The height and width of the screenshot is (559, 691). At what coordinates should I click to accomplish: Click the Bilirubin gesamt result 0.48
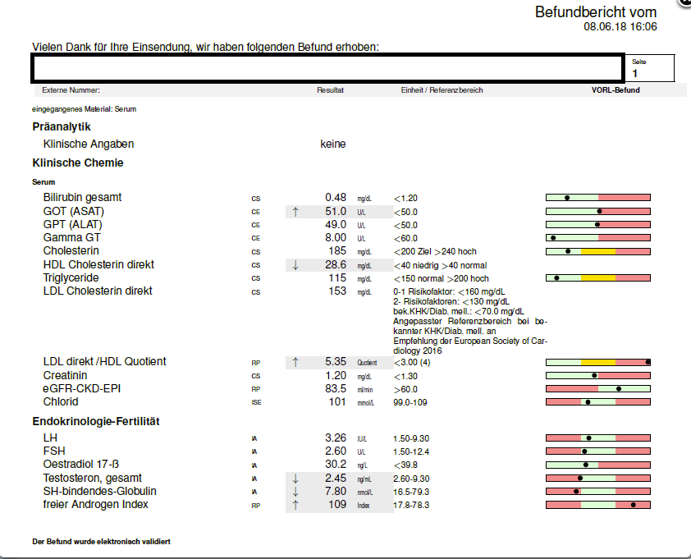pyautogui.click(x=336, y=198)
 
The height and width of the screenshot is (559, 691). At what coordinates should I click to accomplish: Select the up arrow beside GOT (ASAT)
pyautogui.click(x=295, y=212)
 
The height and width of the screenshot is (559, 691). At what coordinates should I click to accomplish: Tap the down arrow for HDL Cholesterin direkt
pyautogui.click(x=295, y=265)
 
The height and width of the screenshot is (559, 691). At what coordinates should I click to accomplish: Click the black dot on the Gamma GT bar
pyautogui.click(x=553, y=238)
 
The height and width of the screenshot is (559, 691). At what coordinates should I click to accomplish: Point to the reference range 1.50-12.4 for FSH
pyautogui.click(x=411, y=451)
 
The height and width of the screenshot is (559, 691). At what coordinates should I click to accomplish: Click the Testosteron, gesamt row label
pyautogui.click(x=93, y=478)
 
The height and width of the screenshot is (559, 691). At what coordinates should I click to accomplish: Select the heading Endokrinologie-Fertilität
pyautogui.click(x=96, y=421)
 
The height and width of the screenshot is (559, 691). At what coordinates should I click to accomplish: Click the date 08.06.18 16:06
pyautogui.click(x=620, y=26)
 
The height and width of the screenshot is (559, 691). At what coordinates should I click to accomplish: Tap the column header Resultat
pyautogui.click(x=330, y=90)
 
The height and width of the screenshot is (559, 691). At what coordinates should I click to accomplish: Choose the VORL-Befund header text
pyautogui.click(x=615, y=90)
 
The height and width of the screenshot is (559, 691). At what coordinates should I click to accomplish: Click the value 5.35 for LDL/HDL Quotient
pyautogui.click(x=336, y=361)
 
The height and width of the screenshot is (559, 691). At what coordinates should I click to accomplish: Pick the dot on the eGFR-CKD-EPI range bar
pyautogui.click(x=619, y=389)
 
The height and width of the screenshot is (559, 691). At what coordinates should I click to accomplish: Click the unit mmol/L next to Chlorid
pyautogui.click(x=366, y=403)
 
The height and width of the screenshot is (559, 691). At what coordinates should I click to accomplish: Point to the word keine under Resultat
pyautogui.click(x=332, y=144)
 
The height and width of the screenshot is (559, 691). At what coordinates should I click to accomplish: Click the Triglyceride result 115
pyautogui.click(x=337, y=277)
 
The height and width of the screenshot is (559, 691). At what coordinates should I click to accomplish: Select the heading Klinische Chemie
pyautogui.click(x=78, y=163)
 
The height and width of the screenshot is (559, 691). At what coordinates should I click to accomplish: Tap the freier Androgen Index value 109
pyautogui.click(x=337, y=504)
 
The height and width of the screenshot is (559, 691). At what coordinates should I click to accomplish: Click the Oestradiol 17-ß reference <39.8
pyautogui.click(x=405, y=465)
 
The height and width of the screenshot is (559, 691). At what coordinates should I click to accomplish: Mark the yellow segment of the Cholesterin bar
pyautogui.click(x=598, y=252)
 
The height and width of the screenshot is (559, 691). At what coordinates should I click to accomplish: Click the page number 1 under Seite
pyautogui.click(x=634, y=74)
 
